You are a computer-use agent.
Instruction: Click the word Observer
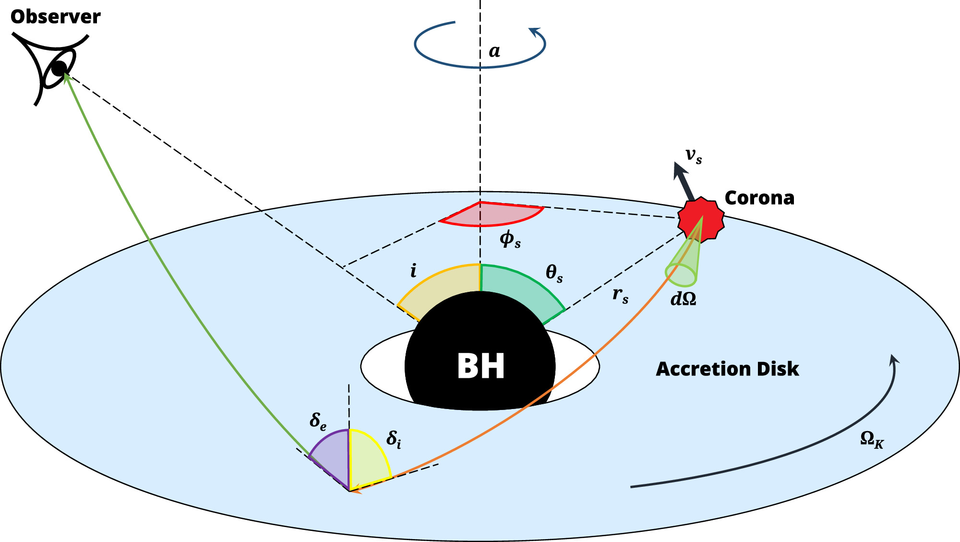coord(55,17)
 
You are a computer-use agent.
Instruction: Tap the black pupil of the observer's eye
coord(59,69)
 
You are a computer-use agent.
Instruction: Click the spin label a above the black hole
coord(494,51)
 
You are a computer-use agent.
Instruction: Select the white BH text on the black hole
coord(480,366)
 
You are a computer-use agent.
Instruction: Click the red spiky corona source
coord(701,219)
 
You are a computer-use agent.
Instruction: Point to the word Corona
coord(759,198)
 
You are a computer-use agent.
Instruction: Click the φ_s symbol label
coord(510,239)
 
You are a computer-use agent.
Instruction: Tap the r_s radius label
coord(620,294)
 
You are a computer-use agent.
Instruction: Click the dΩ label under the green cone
coord(683,299)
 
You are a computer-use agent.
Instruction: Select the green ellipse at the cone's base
coord(680,275)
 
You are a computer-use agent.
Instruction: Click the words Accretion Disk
coord(727,369)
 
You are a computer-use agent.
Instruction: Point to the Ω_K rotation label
coord(872,439)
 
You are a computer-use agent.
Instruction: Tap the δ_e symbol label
coord(318,421)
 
